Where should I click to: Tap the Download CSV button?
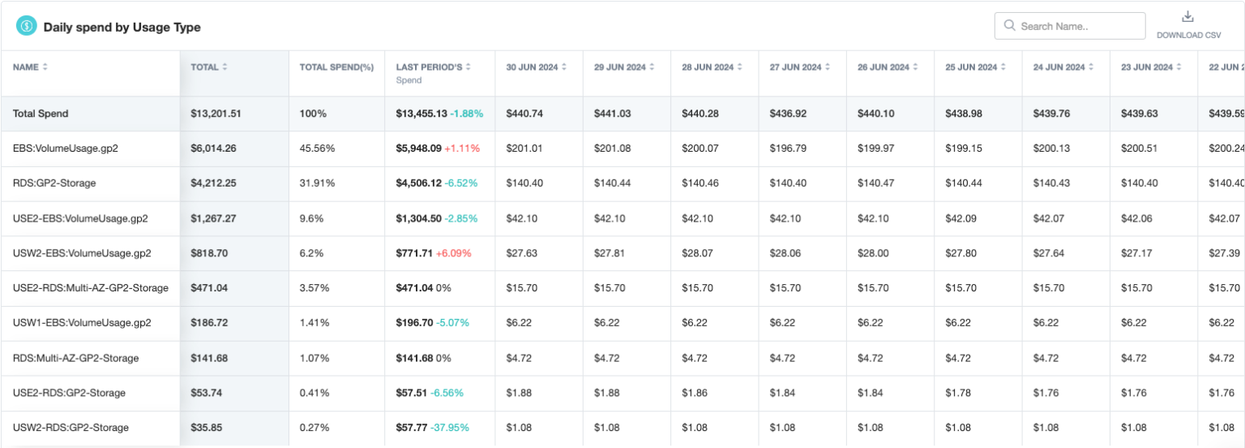(x=1188, y=25)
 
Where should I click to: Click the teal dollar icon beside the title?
(x=27, y=27)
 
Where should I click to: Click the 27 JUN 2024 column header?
(x=798, y=67)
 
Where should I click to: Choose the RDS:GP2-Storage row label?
(x=54, y=183)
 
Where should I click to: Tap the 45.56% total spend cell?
(x=314, y=149)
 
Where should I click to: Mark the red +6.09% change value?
(x=453, y=253)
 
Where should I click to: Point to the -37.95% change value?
(x=452, y=428)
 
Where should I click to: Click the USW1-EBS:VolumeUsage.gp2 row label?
(x=82, y=323)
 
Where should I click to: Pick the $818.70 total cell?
(x=209, y=253)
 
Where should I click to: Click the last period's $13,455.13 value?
(x=421, y=114)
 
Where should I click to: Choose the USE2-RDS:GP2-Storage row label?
(x=69, y=393)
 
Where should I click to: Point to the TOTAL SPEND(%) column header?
(x=336, y=67)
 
